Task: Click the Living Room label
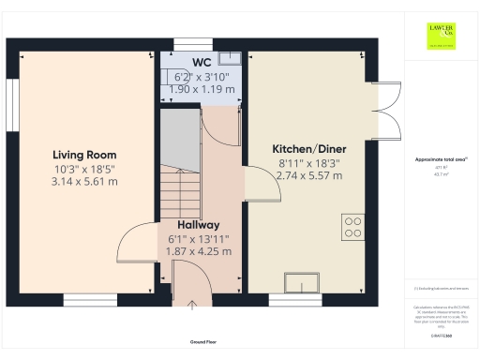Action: click(x=84, y=155)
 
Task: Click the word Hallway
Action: click(x=198, y=225)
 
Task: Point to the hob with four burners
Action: click(x=353, y=227)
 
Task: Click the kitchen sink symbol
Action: click(x=302, y=278)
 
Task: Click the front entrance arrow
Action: click(x=193, y=304)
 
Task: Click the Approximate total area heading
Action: click(x=441, y=159)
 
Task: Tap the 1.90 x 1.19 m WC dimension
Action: click(x=201, y=89)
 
